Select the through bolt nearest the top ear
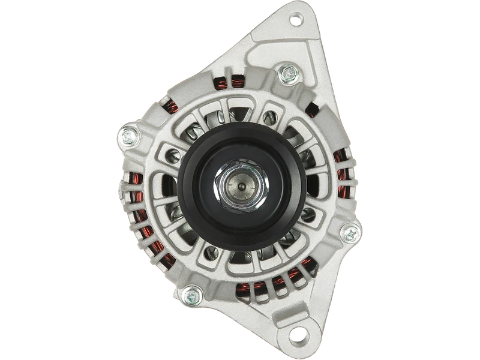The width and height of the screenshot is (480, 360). click(x=287, y=74)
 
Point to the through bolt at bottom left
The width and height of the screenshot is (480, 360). click(x=191, y=295)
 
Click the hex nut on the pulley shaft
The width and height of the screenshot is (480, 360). click(x=238, y=185)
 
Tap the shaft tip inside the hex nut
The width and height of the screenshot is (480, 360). click(x=238, y=185)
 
